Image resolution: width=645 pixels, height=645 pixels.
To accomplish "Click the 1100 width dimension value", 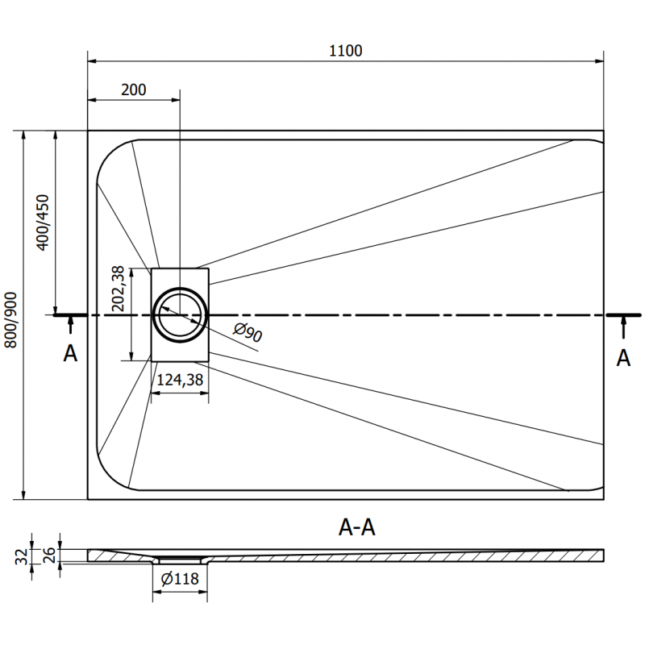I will click(346, 50).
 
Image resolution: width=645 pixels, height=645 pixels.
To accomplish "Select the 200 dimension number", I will click(134, 89).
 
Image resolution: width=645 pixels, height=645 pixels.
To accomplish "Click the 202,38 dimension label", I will click(119, 289).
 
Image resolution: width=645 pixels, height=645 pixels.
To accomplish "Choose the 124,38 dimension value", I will click(180, 379).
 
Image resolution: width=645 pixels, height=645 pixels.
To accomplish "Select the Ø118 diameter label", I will click(181, 577).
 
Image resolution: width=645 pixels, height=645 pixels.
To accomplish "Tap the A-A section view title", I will click(357, 527).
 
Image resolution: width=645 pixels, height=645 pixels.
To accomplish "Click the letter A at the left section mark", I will click(71, 353).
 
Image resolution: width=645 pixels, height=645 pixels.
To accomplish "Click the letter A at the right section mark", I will click(623, 357).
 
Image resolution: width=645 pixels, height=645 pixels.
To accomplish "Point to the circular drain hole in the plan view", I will click(181, 313).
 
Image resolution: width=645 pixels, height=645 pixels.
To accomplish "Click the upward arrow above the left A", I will click(71, 325).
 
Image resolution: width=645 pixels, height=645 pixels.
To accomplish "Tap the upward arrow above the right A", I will click(623, 327).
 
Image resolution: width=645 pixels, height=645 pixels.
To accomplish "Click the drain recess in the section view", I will click(181, 559).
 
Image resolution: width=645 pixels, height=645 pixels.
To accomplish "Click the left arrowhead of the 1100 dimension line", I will click(93, 60).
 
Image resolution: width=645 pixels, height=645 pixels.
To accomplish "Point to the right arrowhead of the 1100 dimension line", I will click(599, 60).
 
